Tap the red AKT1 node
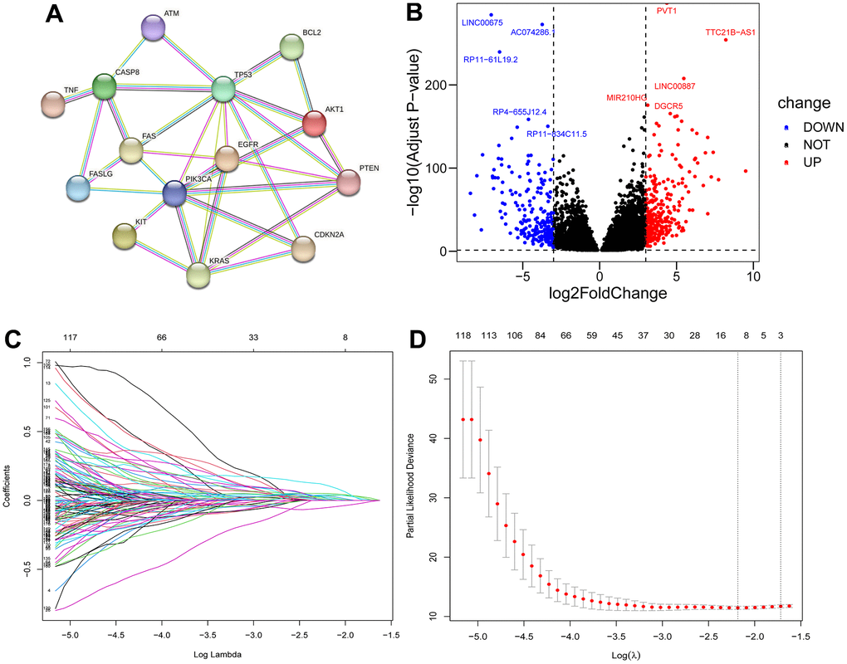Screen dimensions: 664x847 (x=314, y=124)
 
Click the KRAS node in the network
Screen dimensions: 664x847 (x=198, y=275)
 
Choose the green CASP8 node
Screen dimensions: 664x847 (x=104, y=85)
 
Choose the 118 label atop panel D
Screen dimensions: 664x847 (x=463, y=335)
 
